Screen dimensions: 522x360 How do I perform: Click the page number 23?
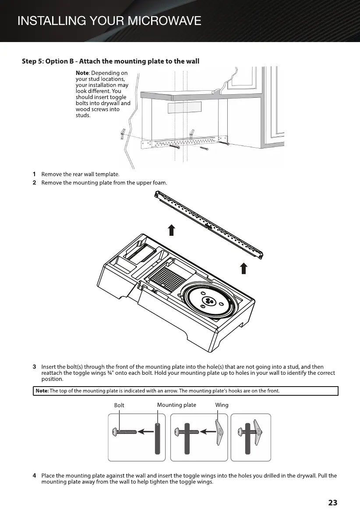coord(332,503)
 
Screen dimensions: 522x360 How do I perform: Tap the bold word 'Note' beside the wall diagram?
coord(82,73)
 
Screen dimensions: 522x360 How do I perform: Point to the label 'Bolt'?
coord(119,405)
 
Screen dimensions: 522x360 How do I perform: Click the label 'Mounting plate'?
coord(176,405)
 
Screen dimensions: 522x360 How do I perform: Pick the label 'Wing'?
coord(222,405)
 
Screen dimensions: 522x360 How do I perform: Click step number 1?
coord(34,174)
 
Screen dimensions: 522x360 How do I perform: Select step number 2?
coord(34,182)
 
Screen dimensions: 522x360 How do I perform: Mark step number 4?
coord(34,476)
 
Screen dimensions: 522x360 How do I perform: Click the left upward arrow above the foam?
coord(172,230)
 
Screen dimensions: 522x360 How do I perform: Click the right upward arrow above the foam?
coord(244,268)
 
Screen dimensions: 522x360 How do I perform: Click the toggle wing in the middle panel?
coord(219,432)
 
